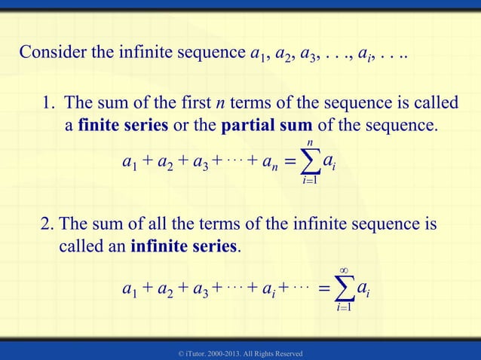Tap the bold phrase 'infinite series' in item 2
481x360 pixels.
pos(184,246)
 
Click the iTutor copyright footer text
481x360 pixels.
pos(240,352)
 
